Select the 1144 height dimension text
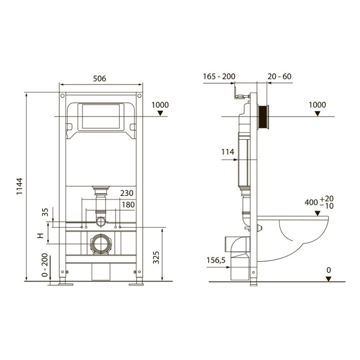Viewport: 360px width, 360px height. pos(20,187)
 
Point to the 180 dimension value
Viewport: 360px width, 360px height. pos(128,205)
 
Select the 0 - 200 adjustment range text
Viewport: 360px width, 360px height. pos(45,265)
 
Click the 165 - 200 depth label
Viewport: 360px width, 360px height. pos(219,77)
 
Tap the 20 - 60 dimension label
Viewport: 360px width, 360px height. pos(279,77)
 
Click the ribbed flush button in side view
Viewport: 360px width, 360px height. pos(264,116)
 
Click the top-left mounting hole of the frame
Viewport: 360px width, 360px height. pos(62,95)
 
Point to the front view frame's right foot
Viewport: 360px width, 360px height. pos(137,283)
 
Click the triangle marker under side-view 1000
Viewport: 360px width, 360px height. pos(317,113)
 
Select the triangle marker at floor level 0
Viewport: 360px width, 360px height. pos(329,279)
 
